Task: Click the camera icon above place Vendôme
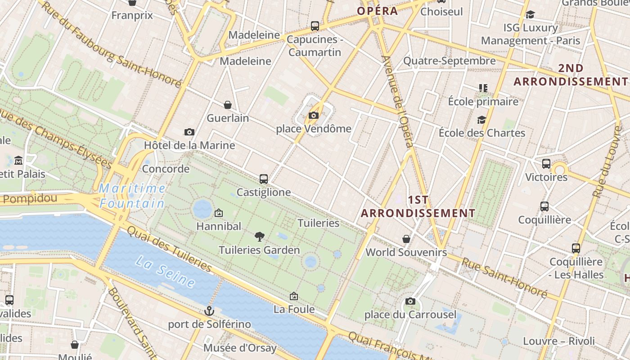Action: (314, 116)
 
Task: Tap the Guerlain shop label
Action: (228, 118)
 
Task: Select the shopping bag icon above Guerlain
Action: (228, 105)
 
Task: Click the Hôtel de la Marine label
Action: (189, 145)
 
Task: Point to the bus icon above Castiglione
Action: (264, 179)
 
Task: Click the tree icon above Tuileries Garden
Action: (259, 236)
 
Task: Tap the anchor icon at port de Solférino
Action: (209, 310)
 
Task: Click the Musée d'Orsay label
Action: (240, 348)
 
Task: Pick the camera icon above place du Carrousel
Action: (410, 301)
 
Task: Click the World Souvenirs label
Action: (406, 252)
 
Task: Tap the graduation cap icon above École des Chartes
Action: (481, 120)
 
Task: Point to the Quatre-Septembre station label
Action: (449, 61)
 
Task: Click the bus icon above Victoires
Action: (546, 164)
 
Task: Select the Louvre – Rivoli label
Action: (558, 341)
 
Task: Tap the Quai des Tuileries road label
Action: (169, 249)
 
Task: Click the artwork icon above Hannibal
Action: (219, 212)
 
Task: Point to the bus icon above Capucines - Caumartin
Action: (315, 26)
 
